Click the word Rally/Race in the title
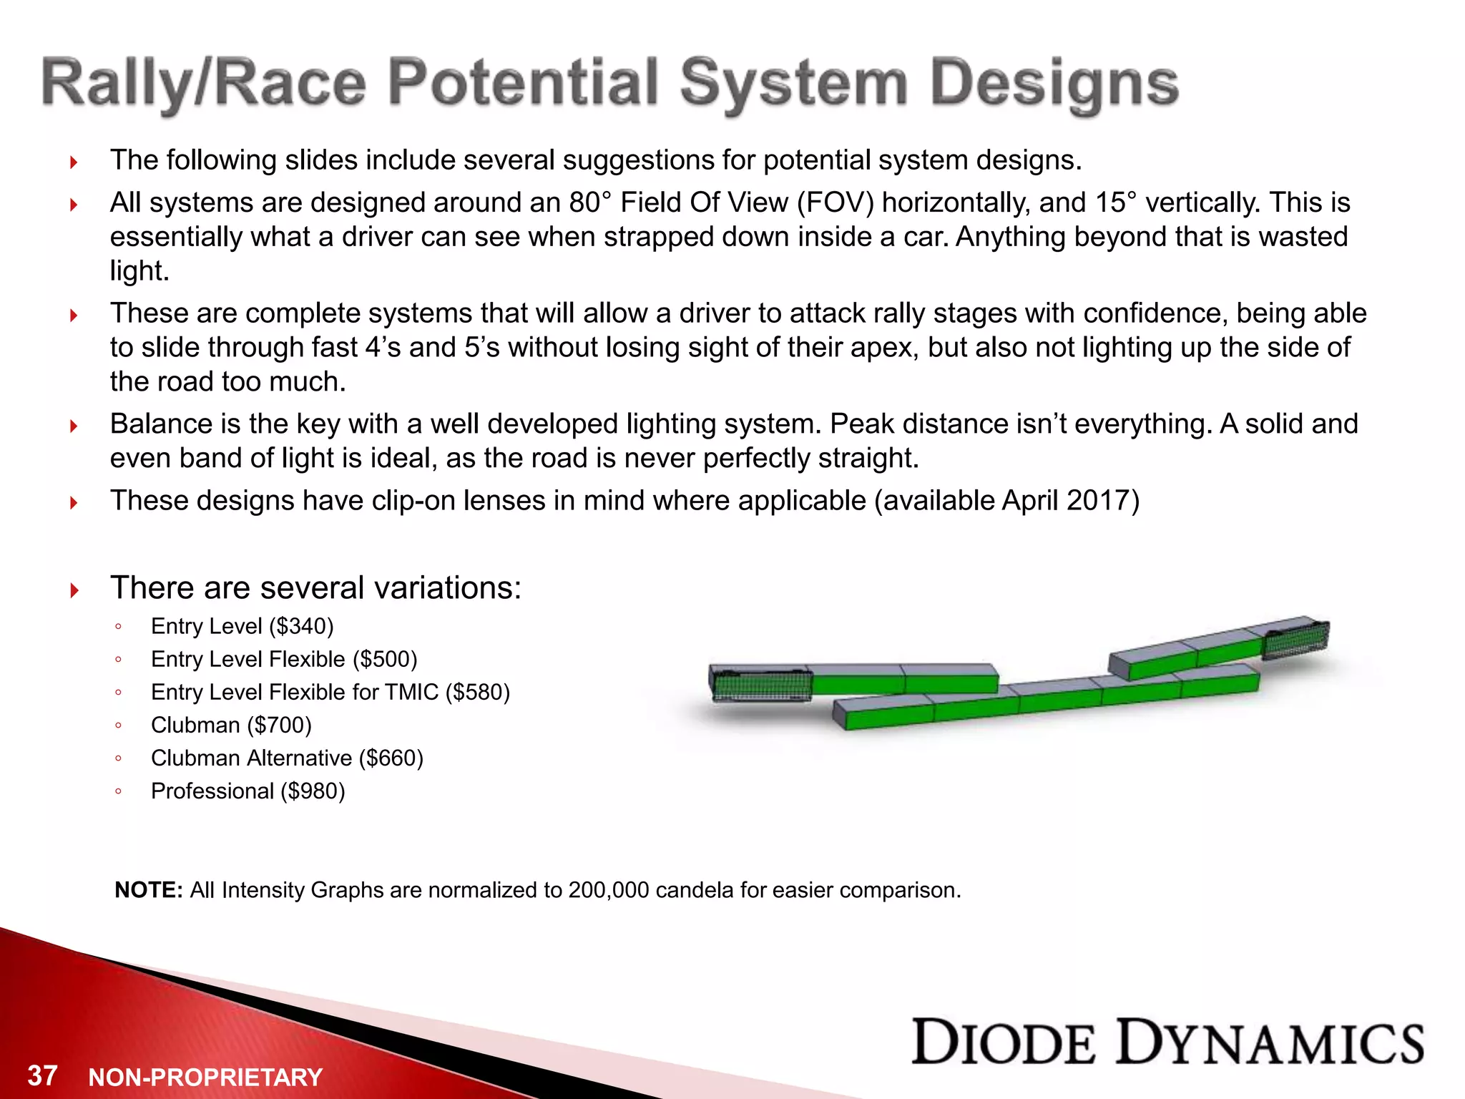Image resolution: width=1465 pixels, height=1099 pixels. (204, 84)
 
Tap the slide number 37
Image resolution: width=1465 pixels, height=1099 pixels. (42, 1075)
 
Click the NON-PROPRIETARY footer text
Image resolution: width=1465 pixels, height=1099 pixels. (205, 1078)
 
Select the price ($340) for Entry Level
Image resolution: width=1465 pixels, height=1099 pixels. (301, 627)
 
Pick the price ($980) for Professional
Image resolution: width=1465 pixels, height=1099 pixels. (313, 791)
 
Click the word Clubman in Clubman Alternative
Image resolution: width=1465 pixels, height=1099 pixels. (195, 758)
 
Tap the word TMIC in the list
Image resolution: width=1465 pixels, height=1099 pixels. (411, 693)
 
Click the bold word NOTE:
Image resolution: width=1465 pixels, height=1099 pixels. (149, 890)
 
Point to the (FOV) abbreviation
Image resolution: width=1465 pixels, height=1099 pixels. (836, 203)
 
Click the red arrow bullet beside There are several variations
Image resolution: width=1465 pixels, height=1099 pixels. (74, 591)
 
